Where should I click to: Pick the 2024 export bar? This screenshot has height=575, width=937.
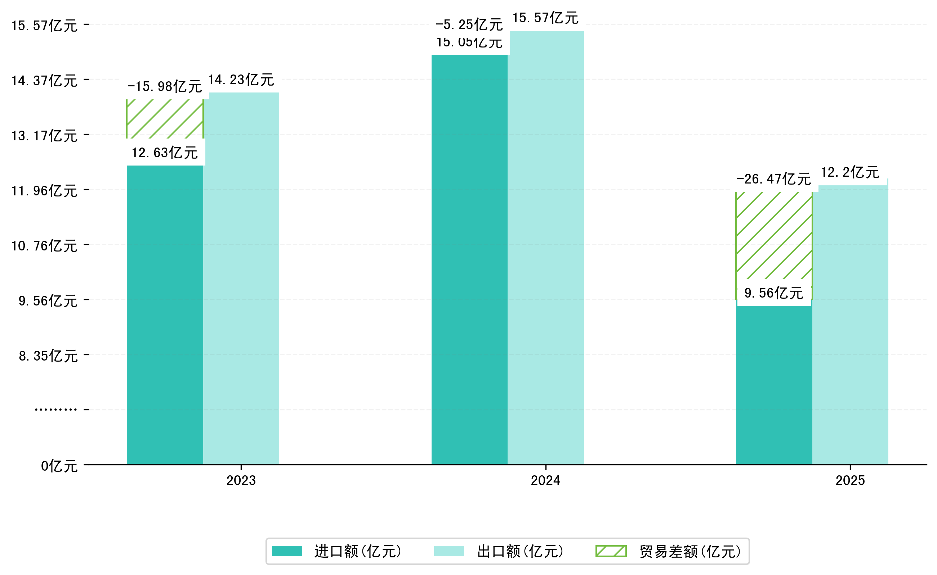[x=546, y=248]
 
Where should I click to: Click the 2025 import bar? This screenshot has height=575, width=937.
[x=774, y=384]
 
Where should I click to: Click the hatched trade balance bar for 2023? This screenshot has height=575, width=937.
[x=165, y=119]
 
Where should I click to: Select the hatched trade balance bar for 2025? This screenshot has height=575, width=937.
[x=774, y=236]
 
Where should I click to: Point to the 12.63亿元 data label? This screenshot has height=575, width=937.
[x=165, y=153]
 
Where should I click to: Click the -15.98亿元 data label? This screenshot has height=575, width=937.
[x=165, y=87]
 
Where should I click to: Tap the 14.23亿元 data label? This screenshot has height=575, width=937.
[x=241, y=80]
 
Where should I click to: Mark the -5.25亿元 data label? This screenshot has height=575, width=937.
[x=469, y=25]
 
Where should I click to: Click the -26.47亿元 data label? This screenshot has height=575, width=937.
[x=774, y=179]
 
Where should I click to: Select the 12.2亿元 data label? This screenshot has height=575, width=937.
[x=850, y=173]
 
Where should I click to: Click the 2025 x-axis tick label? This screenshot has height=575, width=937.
[x=850, y=481]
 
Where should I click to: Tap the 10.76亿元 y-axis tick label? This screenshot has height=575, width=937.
[x=45, y=246]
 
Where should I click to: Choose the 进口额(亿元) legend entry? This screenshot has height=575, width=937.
[x=337, y=551]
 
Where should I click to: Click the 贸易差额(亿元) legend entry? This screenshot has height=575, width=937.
[x=668, y=551]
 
